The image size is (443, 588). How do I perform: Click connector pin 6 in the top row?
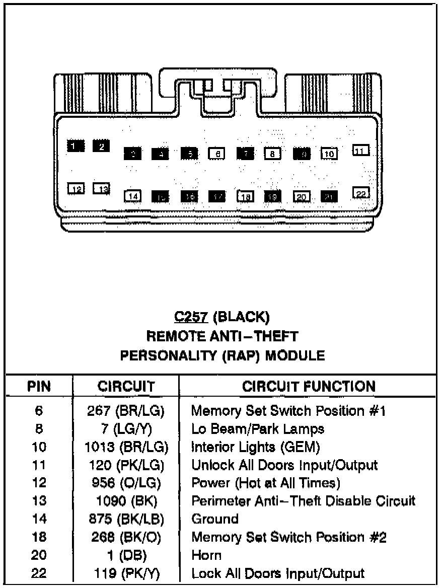tap(216, 154)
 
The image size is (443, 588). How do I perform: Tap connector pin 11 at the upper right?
tap(360, 150)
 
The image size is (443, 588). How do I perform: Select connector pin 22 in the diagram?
tap(361, 193)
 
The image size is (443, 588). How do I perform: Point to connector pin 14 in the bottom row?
tap(133, 196)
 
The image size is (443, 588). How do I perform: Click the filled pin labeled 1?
tap(75, 146)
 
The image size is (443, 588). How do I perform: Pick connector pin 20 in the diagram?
tap(302, 197)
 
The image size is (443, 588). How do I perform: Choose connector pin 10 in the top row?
tap(329, 154)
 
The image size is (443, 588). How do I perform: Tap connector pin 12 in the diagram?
tap(77, 189)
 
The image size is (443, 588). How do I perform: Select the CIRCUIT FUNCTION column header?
tap(308, 386)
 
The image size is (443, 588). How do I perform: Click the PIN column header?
tap(39, 387)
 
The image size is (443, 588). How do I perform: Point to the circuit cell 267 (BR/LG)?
tap(126, 411)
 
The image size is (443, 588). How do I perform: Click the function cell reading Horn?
tap(206, 555)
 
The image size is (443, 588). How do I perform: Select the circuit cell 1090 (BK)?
tap(126, 501)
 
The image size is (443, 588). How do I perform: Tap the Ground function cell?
tap(215, 519)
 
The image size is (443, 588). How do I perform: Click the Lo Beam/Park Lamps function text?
tap(257, 429)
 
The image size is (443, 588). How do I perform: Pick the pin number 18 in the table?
tap(39, 537)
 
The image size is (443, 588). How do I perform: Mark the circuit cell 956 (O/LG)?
tap(126, 483)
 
